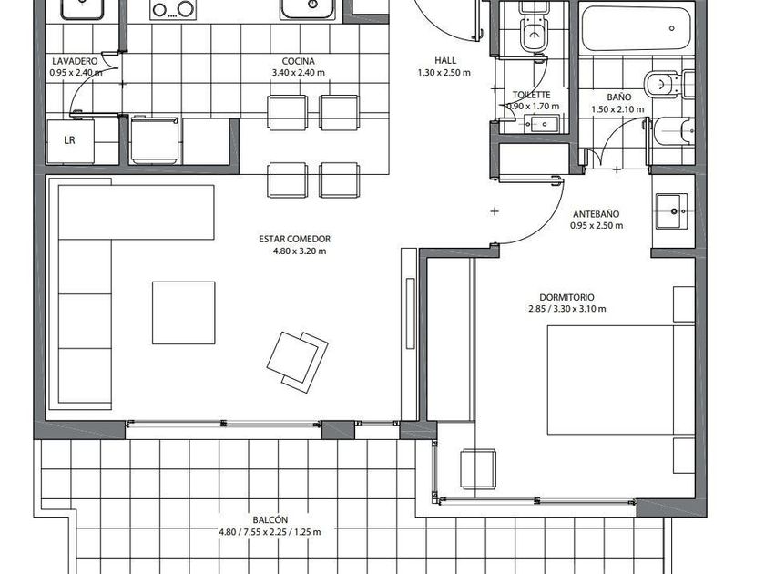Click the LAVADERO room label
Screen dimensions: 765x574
pyautogui.click(x=75, y=61)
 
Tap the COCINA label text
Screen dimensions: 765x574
pyautogui.click(x=298, y=61)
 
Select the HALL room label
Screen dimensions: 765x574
pyautogui.click(x=445, y=60)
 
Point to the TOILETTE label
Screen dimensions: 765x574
pyautogui.click(x=531, y=95)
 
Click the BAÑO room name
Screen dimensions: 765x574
pyautogui.click(x=619, y=97)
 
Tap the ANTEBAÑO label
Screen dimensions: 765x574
pyautogui.click(x=597, y=214)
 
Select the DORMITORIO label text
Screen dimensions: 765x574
pyautogui.click(x=566, y=297)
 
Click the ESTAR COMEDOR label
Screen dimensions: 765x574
pyautogui.click(x=295, y=239)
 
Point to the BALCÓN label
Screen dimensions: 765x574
pyautogui.click(x=270, y=520)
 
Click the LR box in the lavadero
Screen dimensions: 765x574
pyautogui.click(x=70, y=141)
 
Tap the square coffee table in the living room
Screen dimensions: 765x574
pyautogui.click(x=183, y=313)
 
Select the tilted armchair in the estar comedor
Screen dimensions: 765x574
pyautogui.click(x=297, y=363)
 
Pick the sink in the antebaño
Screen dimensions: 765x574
pyautogui.click(x=671, y=210)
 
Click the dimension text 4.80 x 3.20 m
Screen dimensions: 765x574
pyautogui.click(x=300, y=251)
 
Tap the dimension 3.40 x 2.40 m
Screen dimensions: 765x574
pyautogui.click(x=298, y=73)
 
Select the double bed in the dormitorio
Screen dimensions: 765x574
pyautogui.click(x=620, y=380)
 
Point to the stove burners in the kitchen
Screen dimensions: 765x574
pyautogui.click(x=173, y=10)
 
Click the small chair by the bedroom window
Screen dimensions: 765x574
pyautogui.click(x=478, y=469)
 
